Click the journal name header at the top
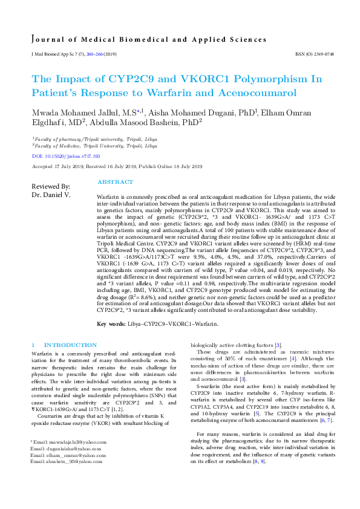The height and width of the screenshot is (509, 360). (x=149, y=40)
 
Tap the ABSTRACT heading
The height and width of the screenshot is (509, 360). (x=115, y=182)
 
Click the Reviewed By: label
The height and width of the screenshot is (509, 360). (x=50, y=186)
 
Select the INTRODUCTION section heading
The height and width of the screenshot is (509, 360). (x=66, y=344)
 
